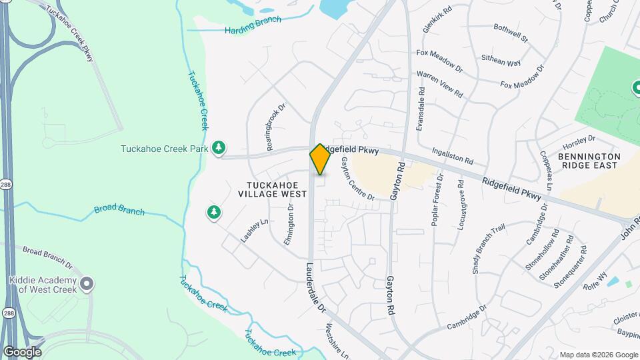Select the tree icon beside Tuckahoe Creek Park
tap(219, 148)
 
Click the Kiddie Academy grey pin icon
tap(87, 285)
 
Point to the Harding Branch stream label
tap(253, 25)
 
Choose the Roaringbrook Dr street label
tap(276, 125)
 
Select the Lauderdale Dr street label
tap(315, 287)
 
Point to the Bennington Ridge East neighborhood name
tap(589, 161)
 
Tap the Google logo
tap(22, 351)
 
